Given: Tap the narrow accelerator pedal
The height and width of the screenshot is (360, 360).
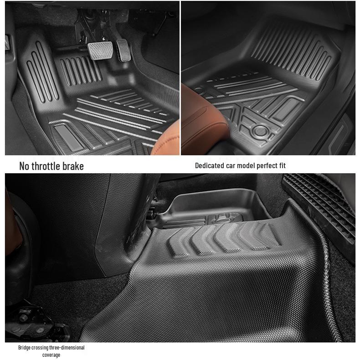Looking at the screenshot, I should (122, 46).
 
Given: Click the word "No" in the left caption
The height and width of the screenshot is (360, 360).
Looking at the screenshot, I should (25, 166).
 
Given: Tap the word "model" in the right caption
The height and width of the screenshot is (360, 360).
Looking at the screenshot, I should (245, 165).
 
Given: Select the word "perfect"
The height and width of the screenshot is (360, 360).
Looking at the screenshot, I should (267, 165).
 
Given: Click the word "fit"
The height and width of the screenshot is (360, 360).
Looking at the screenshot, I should (282, 165).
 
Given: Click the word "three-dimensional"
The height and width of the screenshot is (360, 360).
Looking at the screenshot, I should (67, 348).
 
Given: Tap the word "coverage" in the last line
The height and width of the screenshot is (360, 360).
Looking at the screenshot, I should (51, 355).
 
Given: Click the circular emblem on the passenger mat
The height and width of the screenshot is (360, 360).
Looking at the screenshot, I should (259, 130).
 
